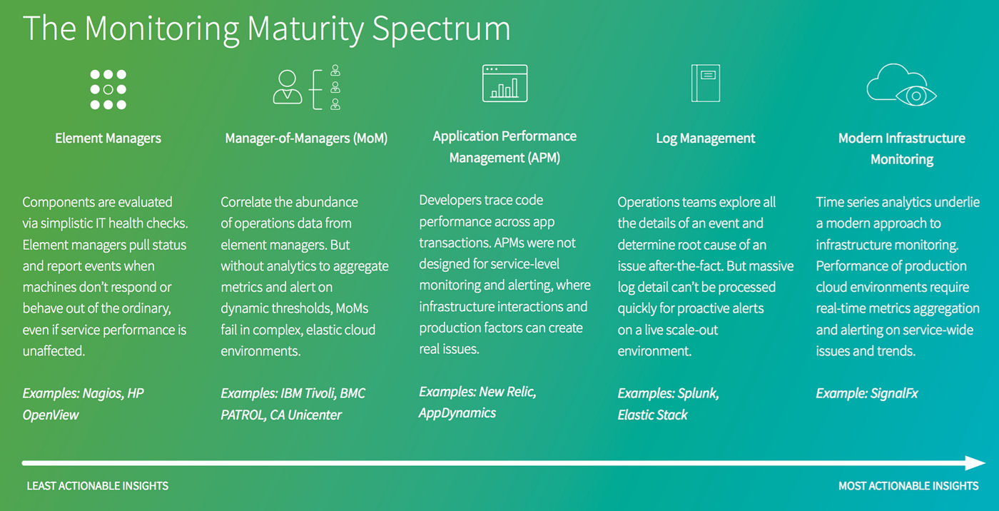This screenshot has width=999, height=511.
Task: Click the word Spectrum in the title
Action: [x=442, y=29]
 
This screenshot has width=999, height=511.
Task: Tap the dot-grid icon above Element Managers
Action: [x=108, y=90]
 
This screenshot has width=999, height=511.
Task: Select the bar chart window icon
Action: [x=504, y=83]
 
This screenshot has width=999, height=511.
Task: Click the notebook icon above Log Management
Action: [x=705, y=83]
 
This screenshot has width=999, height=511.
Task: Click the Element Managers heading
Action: [x=108, y=138]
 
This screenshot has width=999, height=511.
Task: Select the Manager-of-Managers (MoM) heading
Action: [x=306, y=138]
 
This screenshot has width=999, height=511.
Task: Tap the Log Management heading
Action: [x=705, y=138]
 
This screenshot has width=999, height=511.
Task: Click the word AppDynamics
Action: [x=457, y=413]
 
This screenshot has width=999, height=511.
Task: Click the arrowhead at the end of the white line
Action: [x=975, y=463]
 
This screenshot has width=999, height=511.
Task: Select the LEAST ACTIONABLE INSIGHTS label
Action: [x=98, y=486]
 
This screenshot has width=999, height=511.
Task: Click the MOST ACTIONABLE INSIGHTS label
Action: [x=908, y=486]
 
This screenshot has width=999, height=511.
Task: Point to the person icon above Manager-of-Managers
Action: [x=288, y=87]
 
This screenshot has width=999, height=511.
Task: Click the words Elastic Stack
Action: [x=653, y=415]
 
